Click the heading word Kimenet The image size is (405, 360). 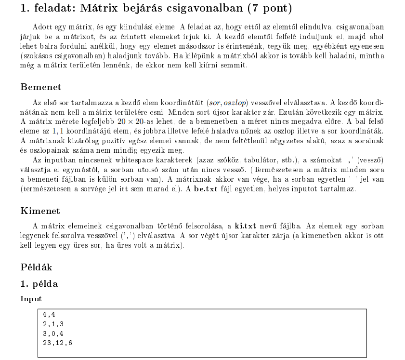click(x=40, y=211)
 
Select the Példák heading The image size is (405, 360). click(x=36, y=267)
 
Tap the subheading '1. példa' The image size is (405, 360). click(x=39, y=284)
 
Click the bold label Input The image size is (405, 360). click(x=31, y=299)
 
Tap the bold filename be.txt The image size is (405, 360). click(x=205, y=189)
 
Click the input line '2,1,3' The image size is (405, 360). click(x=53, y=324)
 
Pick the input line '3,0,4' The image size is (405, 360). click(x=53, y=333)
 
